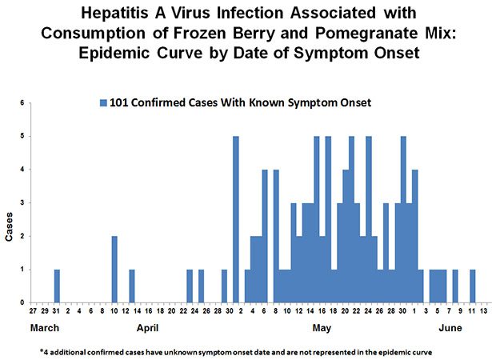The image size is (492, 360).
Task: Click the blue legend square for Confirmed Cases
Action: [x=102, y=102]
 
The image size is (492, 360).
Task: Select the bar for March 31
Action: [x=57, y=286]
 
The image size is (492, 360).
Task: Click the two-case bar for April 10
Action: [x=114, y=270]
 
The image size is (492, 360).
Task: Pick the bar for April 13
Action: [x=132, y=286]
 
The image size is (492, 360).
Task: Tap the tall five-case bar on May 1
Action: [x=236, y=219]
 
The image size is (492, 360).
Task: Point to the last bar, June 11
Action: [x=473, y=286]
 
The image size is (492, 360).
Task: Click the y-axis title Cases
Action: [x=10, y=226]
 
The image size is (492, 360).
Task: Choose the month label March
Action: [x=46, y=329]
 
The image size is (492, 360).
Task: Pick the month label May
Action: [x=321, y=329]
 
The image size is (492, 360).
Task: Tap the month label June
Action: [x=452, y=329]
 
